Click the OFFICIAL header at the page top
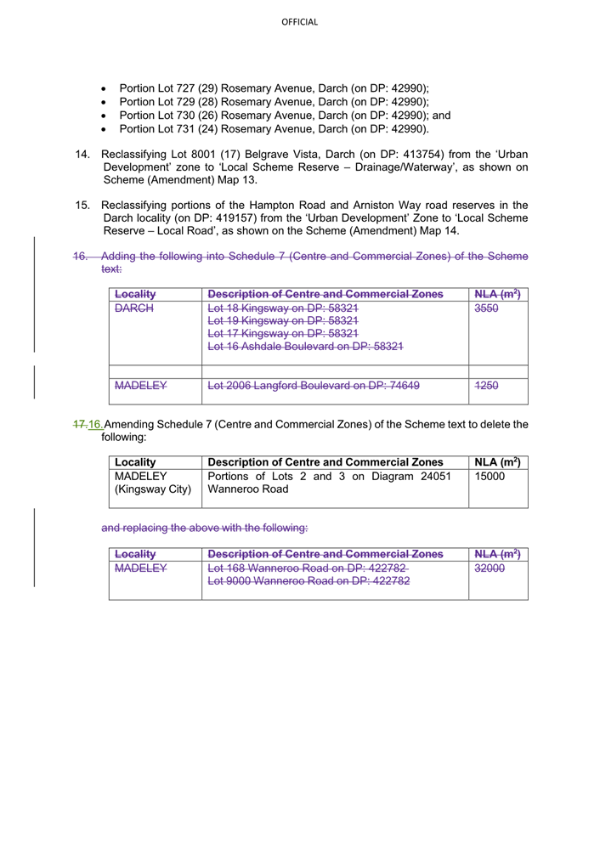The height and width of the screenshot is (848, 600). coord(299,21)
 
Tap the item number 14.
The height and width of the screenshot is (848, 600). coord(82,155)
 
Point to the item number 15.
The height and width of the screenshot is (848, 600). coord(82,204)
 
